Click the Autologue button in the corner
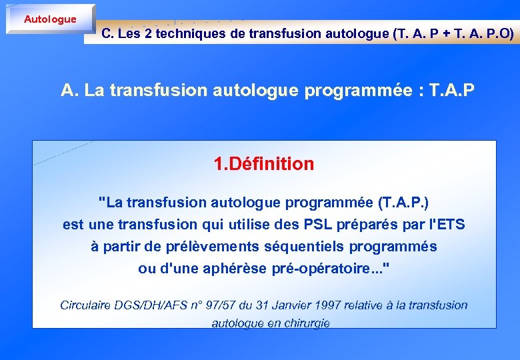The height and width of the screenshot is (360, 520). tap(50, 19)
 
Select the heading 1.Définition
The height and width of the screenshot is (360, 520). tap(263, 164)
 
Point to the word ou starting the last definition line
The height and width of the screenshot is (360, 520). tap(145, 269)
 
